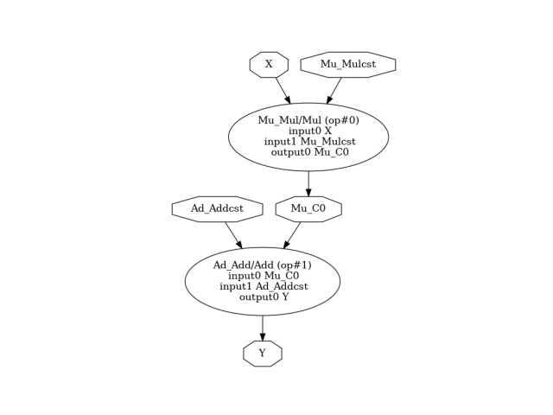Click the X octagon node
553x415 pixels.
[269, 64]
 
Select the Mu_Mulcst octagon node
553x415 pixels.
[347, 64]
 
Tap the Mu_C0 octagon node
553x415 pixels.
[308, 208]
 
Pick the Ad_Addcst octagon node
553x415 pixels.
[217, 208]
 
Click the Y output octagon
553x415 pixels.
[263, 353]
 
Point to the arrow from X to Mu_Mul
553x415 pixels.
[283, 91]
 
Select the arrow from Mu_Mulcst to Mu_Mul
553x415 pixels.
[334, 91]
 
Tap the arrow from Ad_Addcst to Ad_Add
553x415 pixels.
[233, 235]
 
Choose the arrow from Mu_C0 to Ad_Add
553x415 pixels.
[292, 235]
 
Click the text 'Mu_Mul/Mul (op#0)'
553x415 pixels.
[308, 120]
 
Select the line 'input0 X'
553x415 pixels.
[308, 131]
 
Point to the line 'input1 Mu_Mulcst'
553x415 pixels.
[308, 141]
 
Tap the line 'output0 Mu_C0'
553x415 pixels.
[308, 152]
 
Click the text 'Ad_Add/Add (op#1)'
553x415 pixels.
[263, 265]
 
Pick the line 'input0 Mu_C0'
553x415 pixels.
[263, 275]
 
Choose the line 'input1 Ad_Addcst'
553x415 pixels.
[263, 286]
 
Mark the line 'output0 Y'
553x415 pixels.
[263, 297]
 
